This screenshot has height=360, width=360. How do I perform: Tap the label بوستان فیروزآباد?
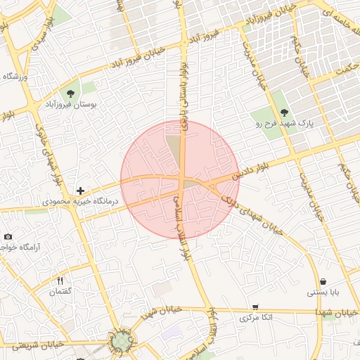click(71, 105)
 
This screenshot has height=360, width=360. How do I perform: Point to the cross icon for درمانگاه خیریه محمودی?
click(82, 191)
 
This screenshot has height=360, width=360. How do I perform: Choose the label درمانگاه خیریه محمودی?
click(81, 202)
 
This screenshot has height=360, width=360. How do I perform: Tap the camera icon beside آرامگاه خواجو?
click(8, 237)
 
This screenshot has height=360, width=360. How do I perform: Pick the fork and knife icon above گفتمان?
click(60, 281)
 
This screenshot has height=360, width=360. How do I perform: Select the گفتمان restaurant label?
click(60, 292)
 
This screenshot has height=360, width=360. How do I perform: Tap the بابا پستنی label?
click(322, 292)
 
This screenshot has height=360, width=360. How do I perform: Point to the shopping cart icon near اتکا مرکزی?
click(255, 307)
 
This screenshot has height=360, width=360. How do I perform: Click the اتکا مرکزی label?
click(255, 318)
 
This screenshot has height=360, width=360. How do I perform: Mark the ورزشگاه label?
click(14, 76)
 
